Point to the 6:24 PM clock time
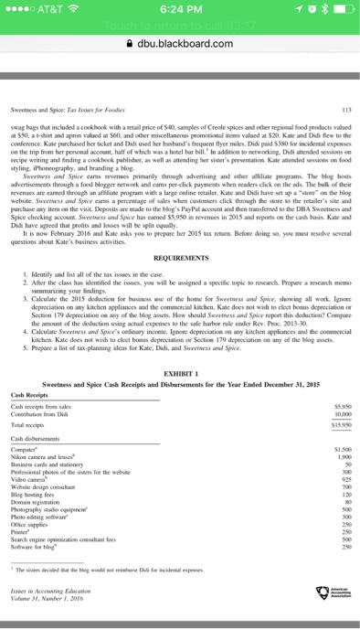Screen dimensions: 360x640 pyautogui.click(x=179, y=11)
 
